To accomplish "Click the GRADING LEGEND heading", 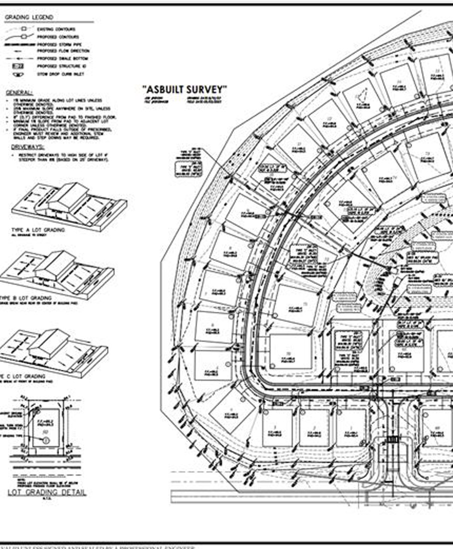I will pyautogui.click(x=28, y=17).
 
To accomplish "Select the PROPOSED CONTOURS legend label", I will pyautogui.click(x=58, y=37).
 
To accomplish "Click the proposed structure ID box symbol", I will pyautogui.click(x=18, y=66).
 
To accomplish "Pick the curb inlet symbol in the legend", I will pyautogui.click(x=18, y=74).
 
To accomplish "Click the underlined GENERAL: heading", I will pyautogui.click(x=19, y=93).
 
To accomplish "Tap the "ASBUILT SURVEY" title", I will pyautogui.click(x=185, y=89).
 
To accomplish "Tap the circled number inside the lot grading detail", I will pyautogui.click(x=45, y=440).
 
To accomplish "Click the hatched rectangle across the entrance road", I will pyautogui.click(x=393, y=440).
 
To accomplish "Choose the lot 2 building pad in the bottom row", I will pyautogui.click(x=314, y=428).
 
